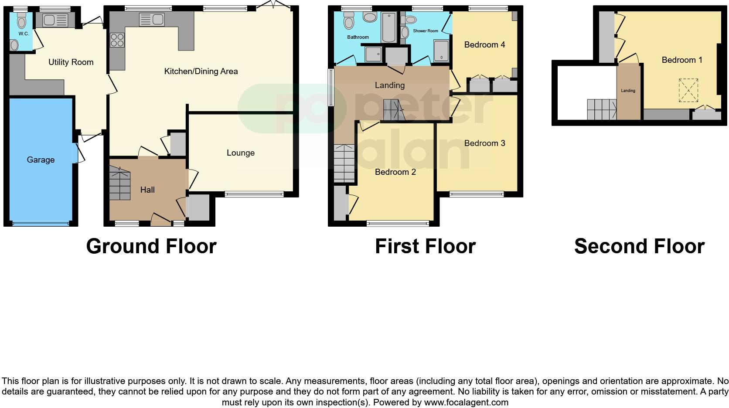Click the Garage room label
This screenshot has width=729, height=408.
click(x=41, y=160)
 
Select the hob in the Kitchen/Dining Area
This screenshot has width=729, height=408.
click(x=117, y=40)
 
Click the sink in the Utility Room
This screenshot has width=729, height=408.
click(x=55, y=20)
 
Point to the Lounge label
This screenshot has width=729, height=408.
click(x=240, y=153)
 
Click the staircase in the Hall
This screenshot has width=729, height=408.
click(x=119, y=184)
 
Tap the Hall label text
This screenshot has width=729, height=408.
click(x=147, y=190)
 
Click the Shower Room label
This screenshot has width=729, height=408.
click(x=425, y=31)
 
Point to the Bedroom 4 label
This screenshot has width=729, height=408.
click(x=484, y=44)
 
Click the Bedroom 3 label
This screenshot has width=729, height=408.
click(x=484, y=143)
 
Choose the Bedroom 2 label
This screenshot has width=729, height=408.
click(x=395, y=172)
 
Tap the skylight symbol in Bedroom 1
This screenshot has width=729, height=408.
click(x=688, y=90)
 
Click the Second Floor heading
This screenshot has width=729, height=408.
click(x=639, y=246)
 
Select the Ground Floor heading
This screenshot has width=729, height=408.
click(x=151, y=246)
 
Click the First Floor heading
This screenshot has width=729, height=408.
click(x=425, y=246)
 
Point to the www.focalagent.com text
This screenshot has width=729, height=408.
click(x=466, y=402)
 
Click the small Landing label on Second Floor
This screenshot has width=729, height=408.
click(x=628, y=91)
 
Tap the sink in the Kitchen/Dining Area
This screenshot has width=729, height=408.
click(x=151, y=20)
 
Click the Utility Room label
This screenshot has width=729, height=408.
click(x=71, y=62)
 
